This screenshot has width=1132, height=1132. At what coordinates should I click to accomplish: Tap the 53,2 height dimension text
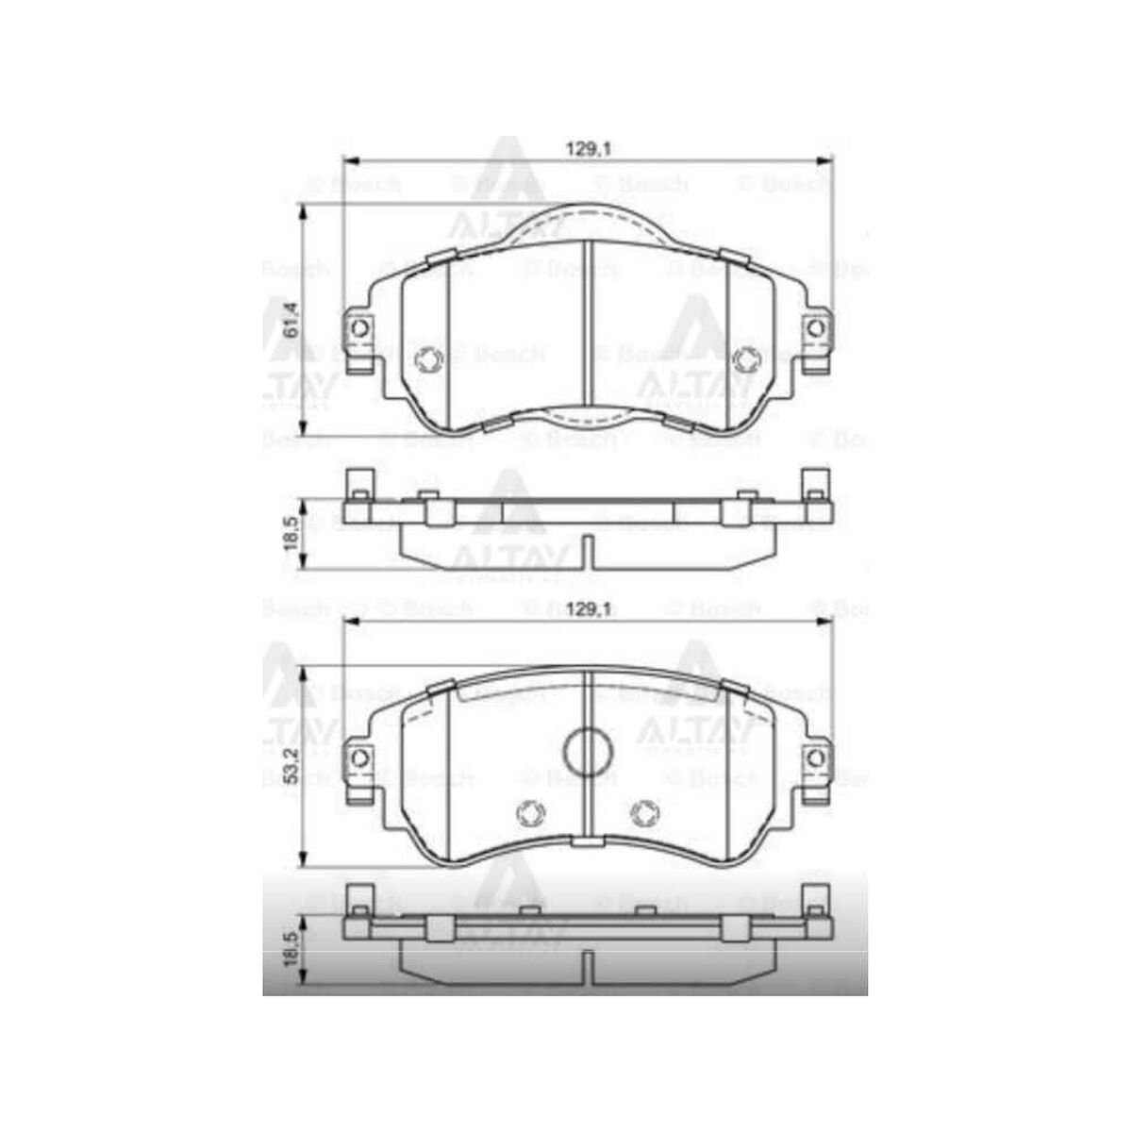[291, 767]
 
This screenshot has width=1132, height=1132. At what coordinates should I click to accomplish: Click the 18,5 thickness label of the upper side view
[291, 536]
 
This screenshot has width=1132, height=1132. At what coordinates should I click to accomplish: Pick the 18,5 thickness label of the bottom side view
[291, 945]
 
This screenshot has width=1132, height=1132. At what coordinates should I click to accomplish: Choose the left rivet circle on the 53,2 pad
[530, 813]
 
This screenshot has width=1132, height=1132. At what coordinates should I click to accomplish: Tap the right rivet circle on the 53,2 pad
[645, 813]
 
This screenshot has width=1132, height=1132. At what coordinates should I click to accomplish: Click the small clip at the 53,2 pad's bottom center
[587, 841]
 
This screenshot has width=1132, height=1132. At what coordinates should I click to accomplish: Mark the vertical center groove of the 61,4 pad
[588, 330]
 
